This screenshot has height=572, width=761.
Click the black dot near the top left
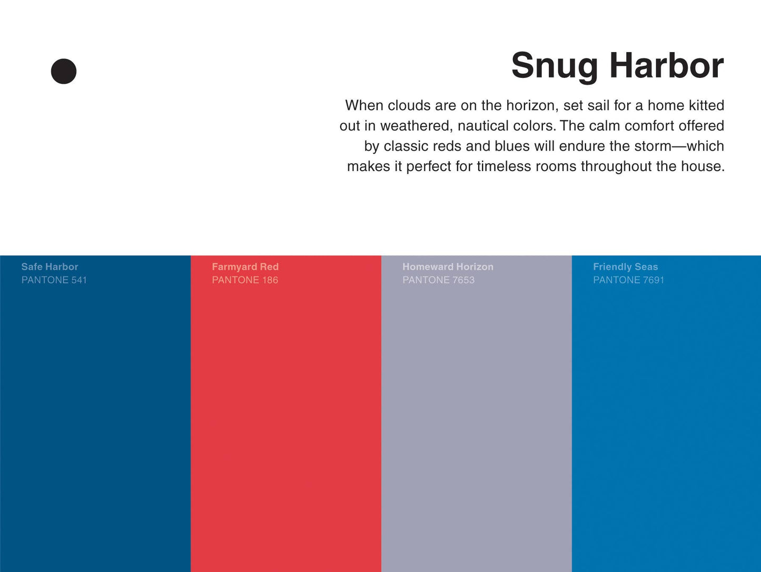[64, 71]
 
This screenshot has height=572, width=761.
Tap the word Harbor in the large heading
[667, 65]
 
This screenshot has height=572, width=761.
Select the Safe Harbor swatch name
[50, 267]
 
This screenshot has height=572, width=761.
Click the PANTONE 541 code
[54, 280]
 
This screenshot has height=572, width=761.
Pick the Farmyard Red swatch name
[245, 267]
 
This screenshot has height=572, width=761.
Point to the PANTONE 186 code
[245, 280]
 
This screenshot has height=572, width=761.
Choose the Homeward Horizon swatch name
[448, 267]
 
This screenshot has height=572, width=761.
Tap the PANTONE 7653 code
[438, 280]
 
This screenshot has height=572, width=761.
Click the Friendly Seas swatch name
[625, 267]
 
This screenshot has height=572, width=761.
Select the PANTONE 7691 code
[628, 280]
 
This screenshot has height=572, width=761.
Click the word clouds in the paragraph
[409, 105]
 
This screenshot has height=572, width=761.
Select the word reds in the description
[447, 146]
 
